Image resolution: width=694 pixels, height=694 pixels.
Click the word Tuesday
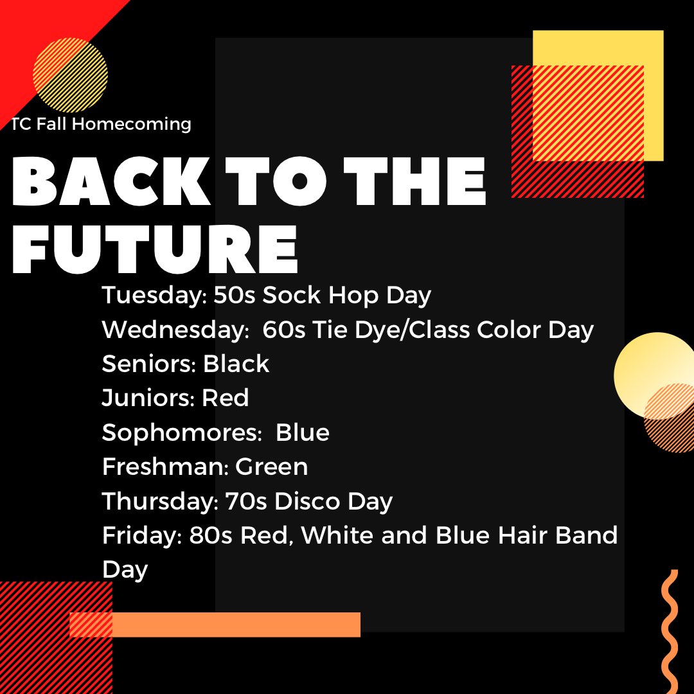(x=150, y=296)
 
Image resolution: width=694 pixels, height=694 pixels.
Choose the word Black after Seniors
(x=236, y=364)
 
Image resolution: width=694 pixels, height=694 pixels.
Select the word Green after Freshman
(x=272, y=467)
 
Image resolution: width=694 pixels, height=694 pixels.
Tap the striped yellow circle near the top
(x=70, y=75)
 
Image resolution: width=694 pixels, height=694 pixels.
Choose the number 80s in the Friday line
(x=211, y=535)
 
